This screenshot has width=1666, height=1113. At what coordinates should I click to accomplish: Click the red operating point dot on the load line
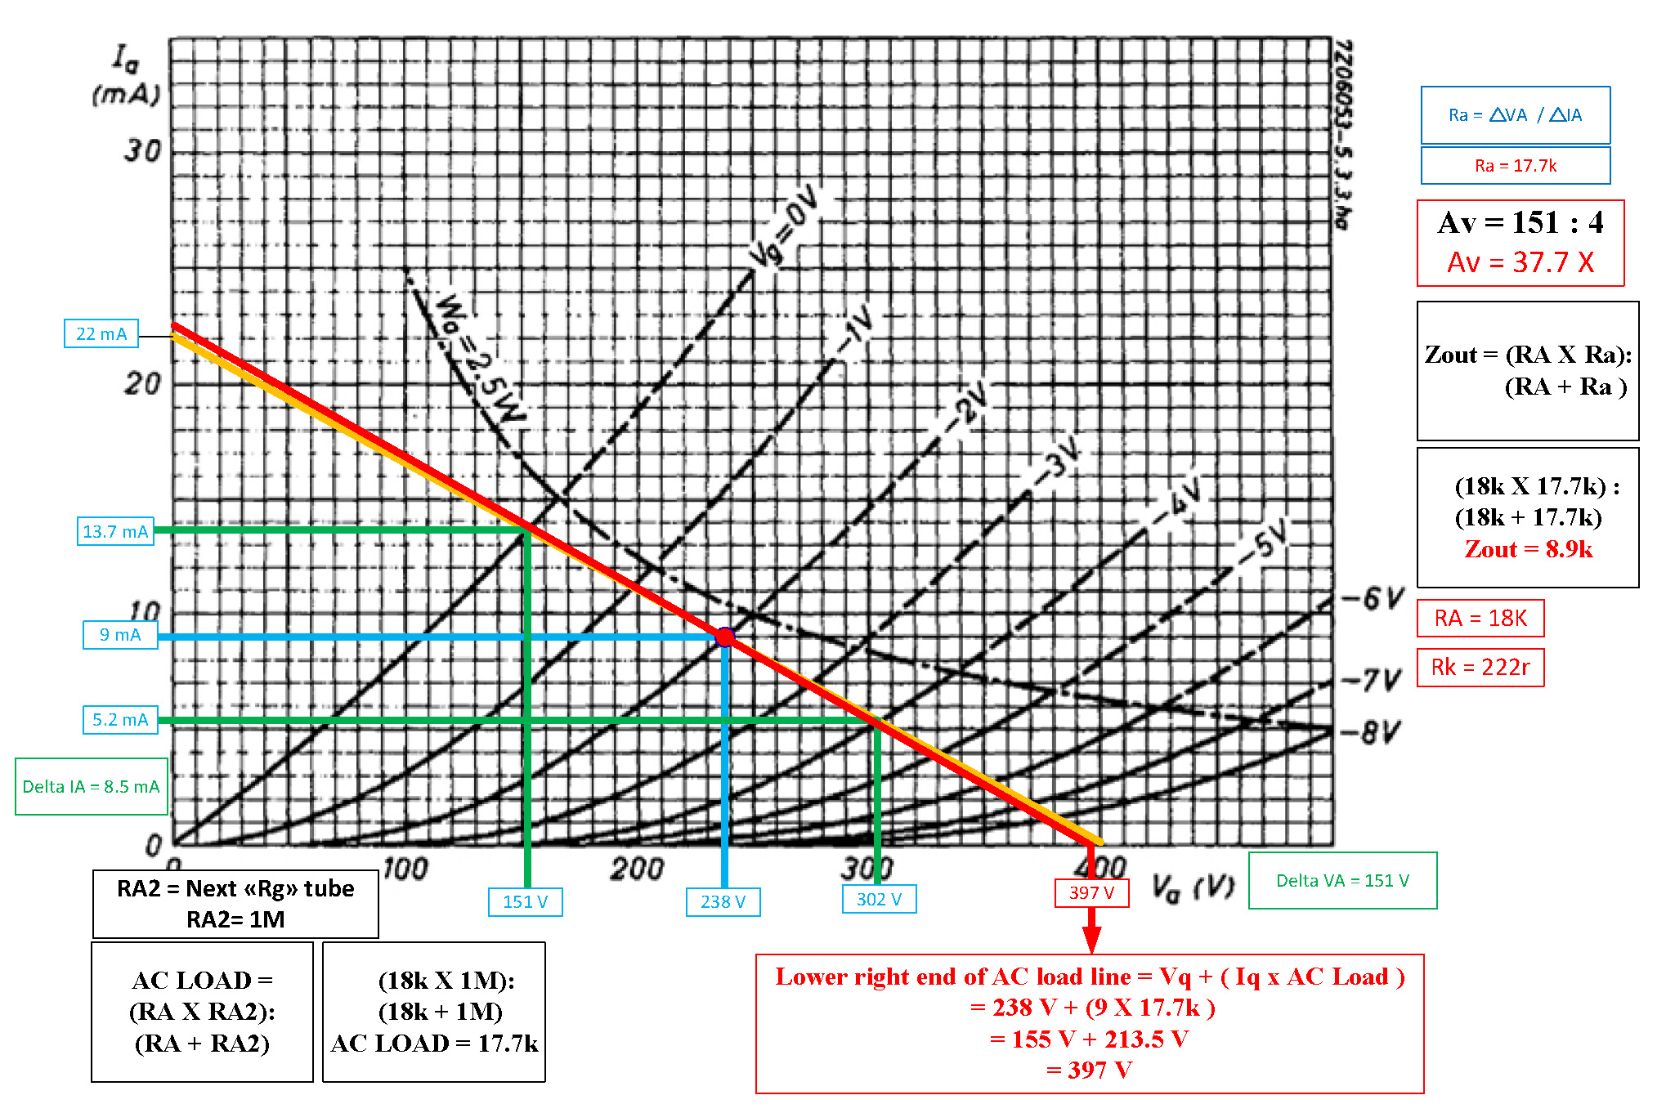(x=725, y=637)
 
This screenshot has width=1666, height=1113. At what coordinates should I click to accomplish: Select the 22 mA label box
(x=101, y=333)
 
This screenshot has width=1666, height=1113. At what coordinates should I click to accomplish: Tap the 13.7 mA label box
(x=115, y=531)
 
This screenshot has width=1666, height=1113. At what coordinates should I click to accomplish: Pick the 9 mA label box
(x=120, y=635)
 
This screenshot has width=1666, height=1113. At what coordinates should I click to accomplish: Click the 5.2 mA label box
(x=120, y=720)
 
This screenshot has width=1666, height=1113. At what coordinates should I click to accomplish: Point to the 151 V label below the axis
(x=526, y=902)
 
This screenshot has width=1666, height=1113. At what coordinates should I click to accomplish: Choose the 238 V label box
(x=723, y=902)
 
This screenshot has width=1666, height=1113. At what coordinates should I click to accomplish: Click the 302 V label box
(x=880, y=900)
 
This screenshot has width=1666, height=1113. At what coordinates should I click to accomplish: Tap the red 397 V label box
(x=1092, y=893)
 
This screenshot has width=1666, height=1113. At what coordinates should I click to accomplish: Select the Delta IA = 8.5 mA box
(x=92, y=787)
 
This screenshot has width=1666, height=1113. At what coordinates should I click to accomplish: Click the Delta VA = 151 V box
(x=1343, y=881)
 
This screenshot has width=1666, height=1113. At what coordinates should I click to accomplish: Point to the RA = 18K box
(x=1480, y=619)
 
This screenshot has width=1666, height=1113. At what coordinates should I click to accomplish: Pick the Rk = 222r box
(x=1480, y=668)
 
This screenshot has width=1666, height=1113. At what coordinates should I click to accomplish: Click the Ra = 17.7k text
(x=1516, y=166)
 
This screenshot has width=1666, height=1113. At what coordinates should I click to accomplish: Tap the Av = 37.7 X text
(x=1520, y=262)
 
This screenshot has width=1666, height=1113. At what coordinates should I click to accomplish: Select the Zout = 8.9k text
(x=1528, y=549)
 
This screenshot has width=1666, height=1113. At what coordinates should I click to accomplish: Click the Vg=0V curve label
(x=785, y=225)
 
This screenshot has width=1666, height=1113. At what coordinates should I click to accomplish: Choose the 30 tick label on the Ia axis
(x=142, y=150)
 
